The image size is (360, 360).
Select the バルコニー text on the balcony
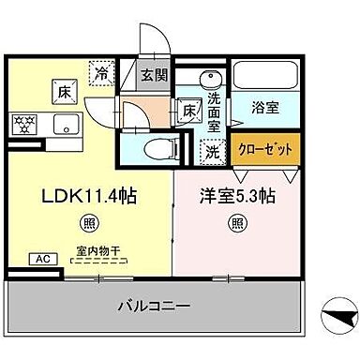coord(154,305)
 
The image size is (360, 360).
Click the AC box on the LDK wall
coord(42,258)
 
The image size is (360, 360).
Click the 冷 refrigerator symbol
coord(100,68)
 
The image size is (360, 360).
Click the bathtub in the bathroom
coord(264,76)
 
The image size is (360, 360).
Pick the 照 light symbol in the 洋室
coord(236,223)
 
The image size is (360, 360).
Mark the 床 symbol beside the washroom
coord(187,111)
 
